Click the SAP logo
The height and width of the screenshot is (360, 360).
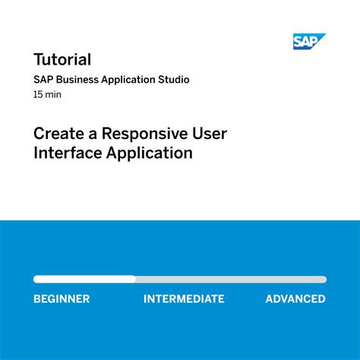[x=308, y=42]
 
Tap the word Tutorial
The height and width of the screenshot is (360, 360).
[x=62, y=59]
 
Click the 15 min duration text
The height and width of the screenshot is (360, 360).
[x=47, y=95]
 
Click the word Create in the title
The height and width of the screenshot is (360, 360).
[x=58, y=134]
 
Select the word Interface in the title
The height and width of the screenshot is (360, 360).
[x=63, y=153]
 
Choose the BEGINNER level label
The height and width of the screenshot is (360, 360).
[x=62, y=299]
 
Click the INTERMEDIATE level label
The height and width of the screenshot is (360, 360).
[x=184, y=299]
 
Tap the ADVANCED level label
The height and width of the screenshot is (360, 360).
[x=295, y=299]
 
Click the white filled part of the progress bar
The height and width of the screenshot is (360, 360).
[x=84, y=279]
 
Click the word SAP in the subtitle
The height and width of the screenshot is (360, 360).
[x=43, y=80]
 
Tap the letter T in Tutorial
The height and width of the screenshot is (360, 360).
[x=39, y=59]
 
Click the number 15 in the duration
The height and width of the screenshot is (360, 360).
[x=38, y=95]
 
